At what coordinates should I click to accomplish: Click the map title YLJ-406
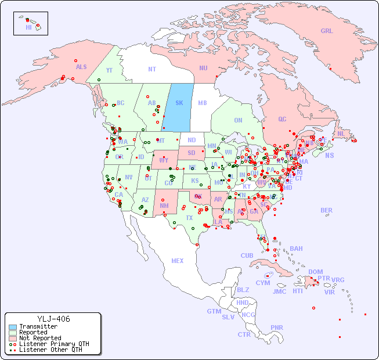pos(53,319)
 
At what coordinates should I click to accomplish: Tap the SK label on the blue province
pos(179,103)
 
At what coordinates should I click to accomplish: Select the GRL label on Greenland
pos(327,31)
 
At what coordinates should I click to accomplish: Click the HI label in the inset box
pos(28,27)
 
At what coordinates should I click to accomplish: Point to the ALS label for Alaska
pos(81,67)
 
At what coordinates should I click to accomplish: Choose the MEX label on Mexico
pos(177,261)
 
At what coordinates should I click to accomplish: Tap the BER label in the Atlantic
pos(326,210)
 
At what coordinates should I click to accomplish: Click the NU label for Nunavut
pos(203,68)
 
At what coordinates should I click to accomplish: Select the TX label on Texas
pos(189,218)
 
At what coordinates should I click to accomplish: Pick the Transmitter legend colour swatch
pos(13,327)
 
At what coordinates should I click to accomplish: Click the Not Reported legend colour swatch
pos(13,338)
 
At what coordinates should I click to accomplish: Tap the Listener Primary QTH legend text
pos(54,344)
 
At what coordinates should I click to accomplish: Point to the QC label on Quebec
pos(282,119)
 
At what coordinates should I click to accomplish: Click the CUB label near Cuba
pos(247,255)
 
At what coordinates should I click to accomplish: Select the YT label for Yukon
pos(109,70)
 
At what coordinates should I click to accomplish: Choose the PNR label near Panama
pos(277,327)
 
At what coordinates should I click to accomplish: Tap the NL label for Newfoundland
pos(341,133)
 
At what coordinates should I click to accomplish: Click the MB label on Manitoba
pos(202,103)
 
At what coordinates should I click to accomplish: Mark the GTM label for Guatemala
pos(214,311)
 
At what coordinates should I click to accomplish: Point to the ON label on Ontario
pos(238,120)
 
